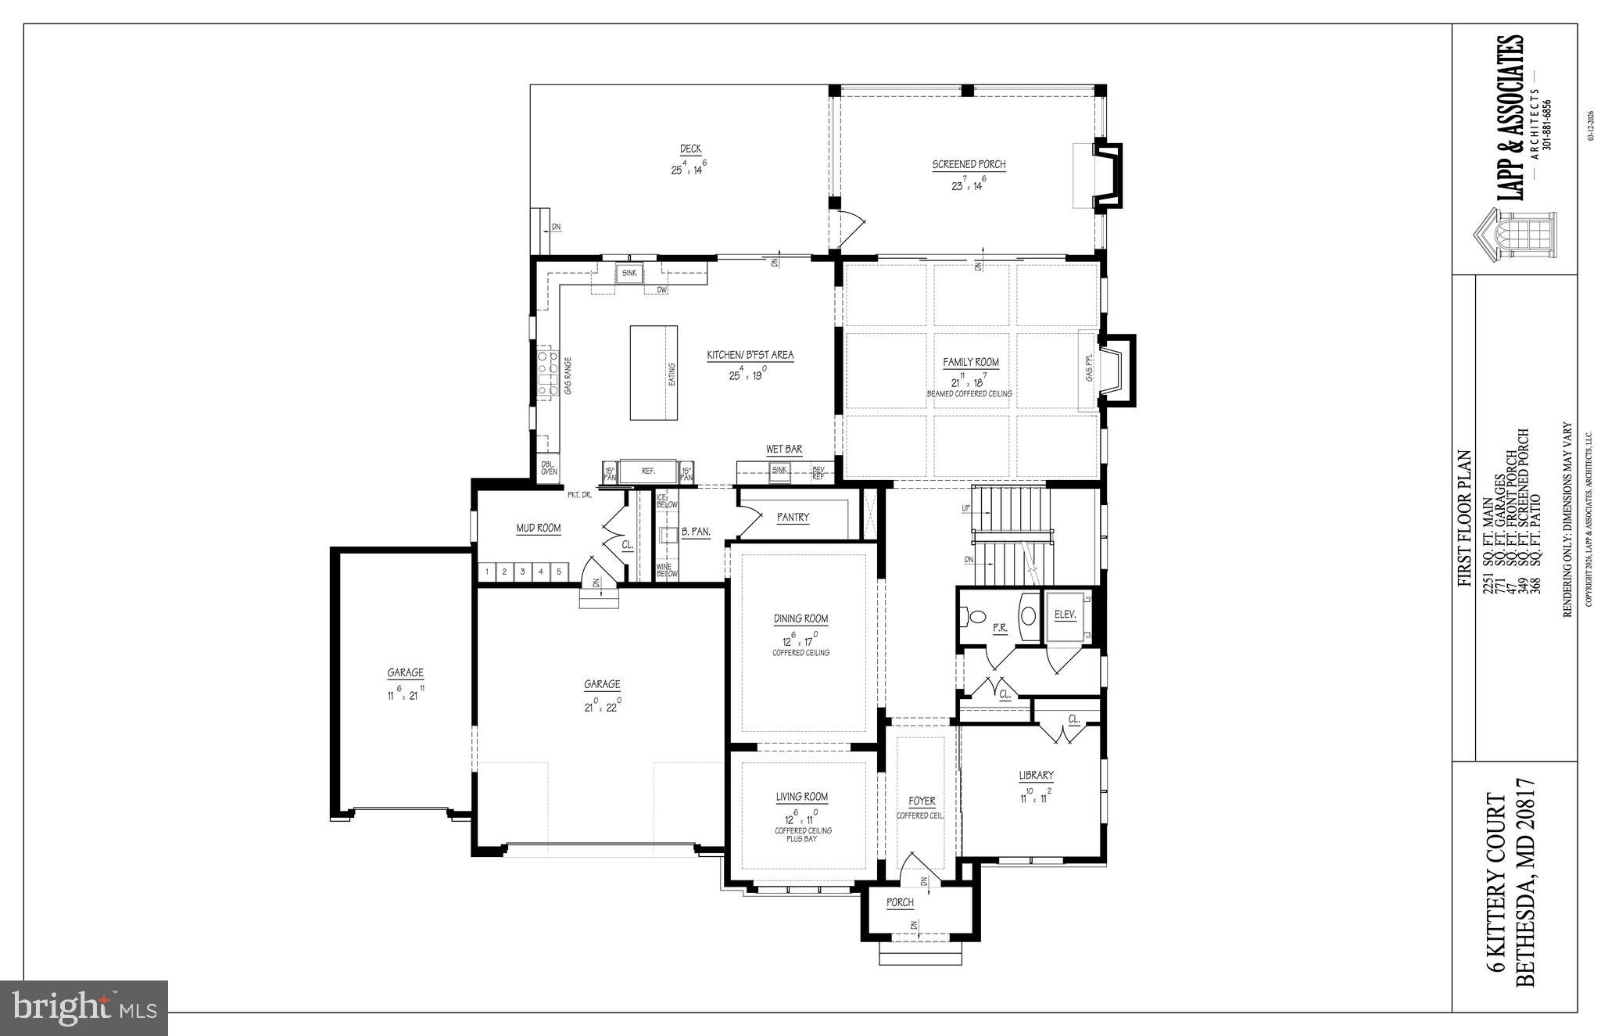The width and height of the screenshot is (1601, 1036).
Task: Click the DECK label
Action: coord(689,149)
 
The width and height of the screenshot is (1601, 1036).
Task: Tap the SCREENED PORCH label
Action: coord(969,165)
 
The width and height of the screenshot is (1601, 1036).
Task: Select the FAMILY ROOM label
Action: coord(970,363)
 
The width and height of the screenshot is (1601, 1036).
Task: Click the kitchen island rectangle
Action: coord(654,373)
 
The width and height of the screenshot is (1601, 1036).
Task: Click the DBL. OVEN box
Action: coord(550,467)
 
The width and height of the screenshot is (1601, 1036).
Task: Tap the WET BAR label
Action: coord(783,450)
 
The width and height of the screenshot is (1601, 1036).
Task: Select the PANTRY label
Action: coord(793,518)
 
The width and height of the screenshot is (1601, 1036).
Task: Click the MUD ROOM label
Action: coord(538,529)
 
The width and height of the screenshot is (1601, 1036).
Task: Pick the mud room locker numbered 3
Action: coord(522,572)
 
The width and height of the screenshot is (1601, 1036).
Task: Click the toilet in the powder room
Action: coord(976,617)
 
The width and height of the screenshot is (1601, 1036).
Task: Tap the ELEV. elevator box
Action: coord(1065,615)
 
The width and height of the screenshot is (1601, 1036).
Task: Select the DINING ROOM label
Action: coord(800,619)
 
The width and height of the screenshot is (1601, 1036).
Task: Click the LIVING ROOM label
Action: coord(801,798)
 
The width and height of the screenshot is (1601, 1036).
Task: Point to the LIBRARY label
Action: coord(1036,776)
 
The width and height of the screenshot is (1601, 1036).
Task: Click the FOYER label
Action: coord(922,801)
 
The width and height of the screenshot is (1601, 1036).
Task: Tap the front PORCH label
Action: coord(900,903)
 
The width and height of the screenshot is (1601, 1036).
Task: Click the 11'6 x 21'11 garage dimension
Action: coord(405,694)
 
